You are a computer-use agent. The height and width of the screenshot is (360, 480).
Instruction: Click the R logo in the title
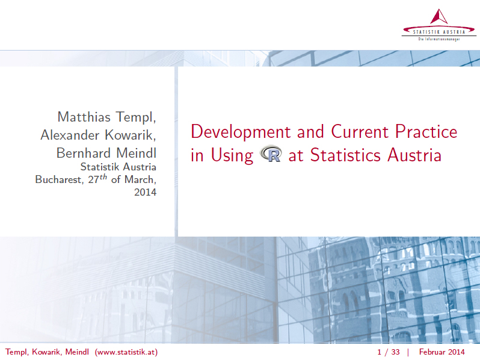pos(271,155)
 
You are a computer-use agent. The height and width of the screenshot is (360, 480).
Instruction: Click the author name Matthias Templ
pos(106,116)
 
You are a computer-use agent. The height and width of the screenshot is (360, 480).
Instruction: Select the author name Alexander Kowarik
pos(98,135)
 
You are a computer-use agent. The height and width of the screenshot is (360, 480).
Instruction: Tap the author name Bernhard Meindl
pos(106,154)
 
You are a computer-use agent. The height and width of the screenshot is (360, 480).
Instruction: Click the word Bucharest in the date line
pos(57,180)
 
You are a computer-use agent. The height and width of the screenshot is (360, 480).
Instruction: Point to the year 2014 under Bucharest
pos(145,193)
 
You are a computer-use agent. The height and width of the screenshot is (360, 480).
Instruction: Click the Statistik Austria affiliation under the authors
pos(118,167)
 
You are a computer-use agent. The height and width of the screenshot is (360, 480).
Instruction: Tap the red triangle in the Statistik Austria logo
pos(439,17)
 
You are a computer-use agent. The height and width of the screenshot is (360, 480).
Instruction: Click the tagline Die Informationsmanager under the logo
pos(439,39)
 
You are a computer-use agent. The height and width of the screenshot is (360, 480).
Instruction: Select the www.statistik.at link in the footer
pos(126,352)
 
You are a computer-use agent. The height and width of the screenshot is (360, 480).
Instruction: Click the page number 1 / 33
pos(388,352)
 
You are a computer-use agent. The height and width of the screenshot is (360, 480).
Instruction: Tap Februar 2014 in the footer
pos(442,352)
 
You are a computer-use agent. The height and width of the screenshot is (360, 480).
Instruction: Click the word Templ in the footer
pos(16,352)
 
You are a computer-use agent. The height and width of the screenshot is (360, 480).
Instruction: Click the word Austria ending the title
pos(414,155)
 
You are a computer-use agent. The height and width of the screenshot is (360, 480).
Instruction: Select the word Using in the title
pos(232,156)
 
